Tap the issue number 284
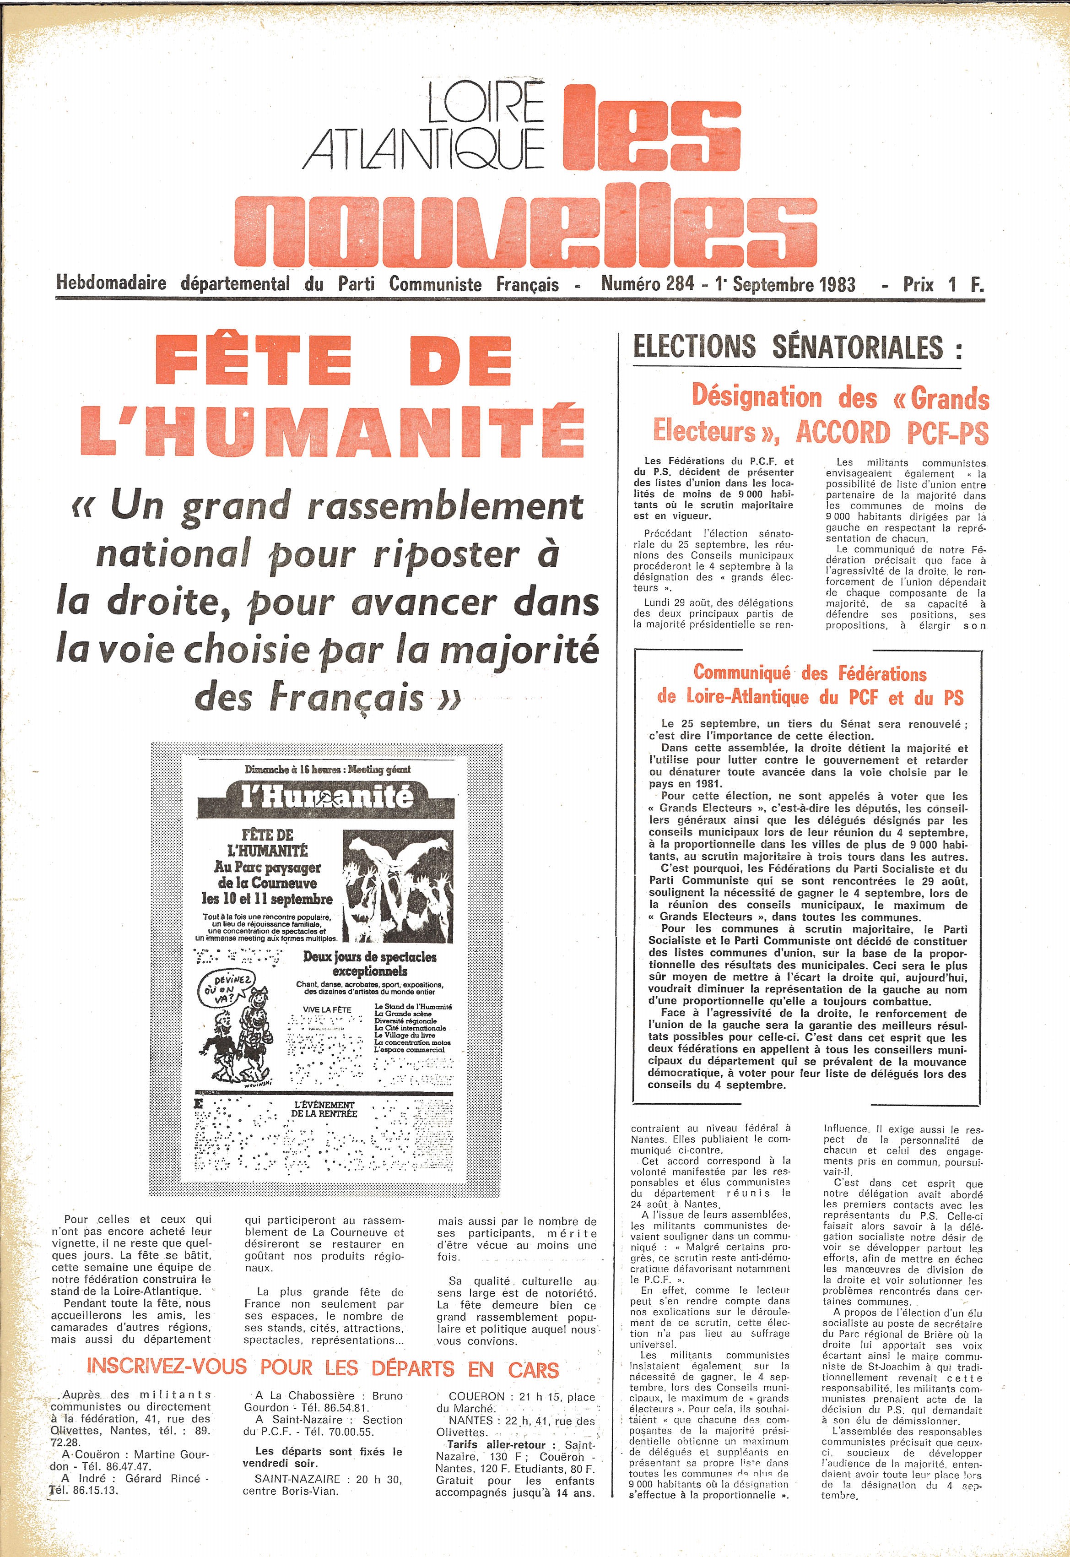point(680,284)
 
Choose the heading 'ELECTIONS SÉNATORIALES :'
point(797,347)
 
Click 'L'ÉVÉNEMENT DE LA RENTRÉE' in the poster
point(324,1108)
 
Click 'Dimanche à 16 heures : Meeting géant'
point(327,769)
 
